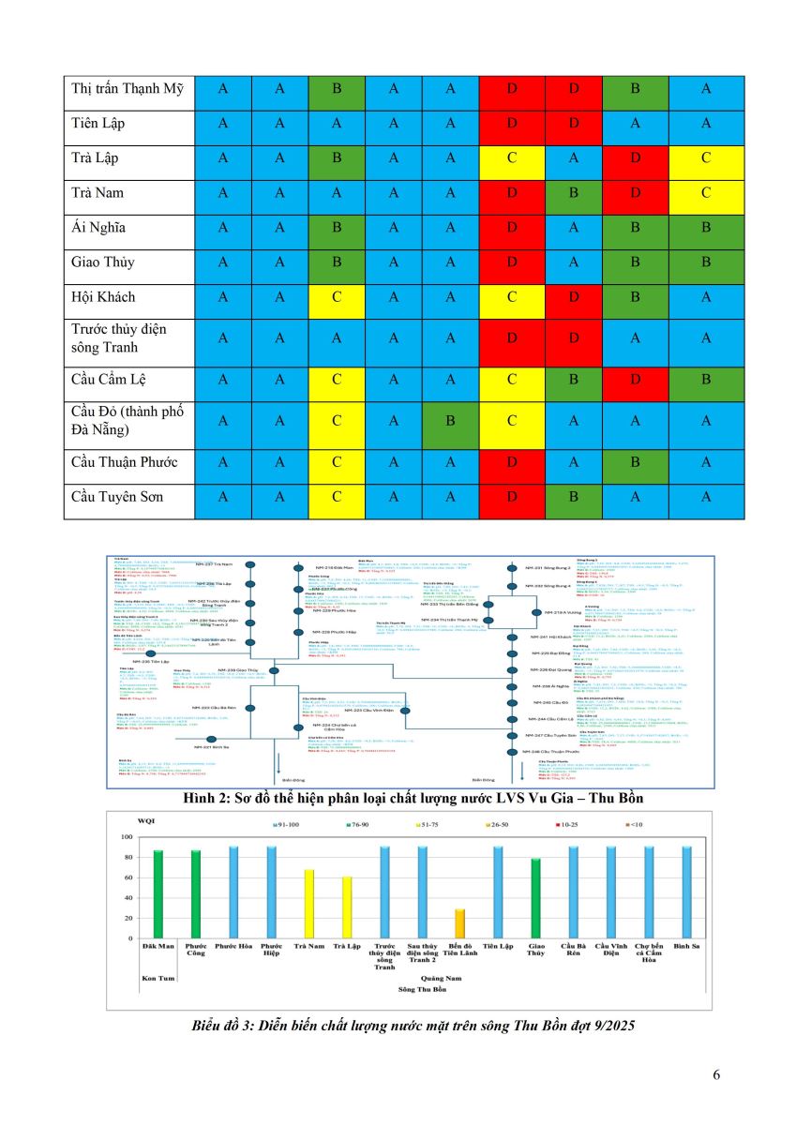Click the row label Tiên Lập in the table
[x=98, y=123]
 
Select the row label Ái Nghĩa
[x=98, y=227]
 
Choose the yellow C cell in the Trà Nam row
[x=706, y=192]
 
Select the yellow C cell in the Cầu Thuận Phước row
[x=336, y=462]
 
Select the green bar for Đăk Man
[x=158, y=894]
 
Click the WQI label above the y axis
[x=145, y=821]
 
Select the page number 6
[x=717, y=1074]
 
